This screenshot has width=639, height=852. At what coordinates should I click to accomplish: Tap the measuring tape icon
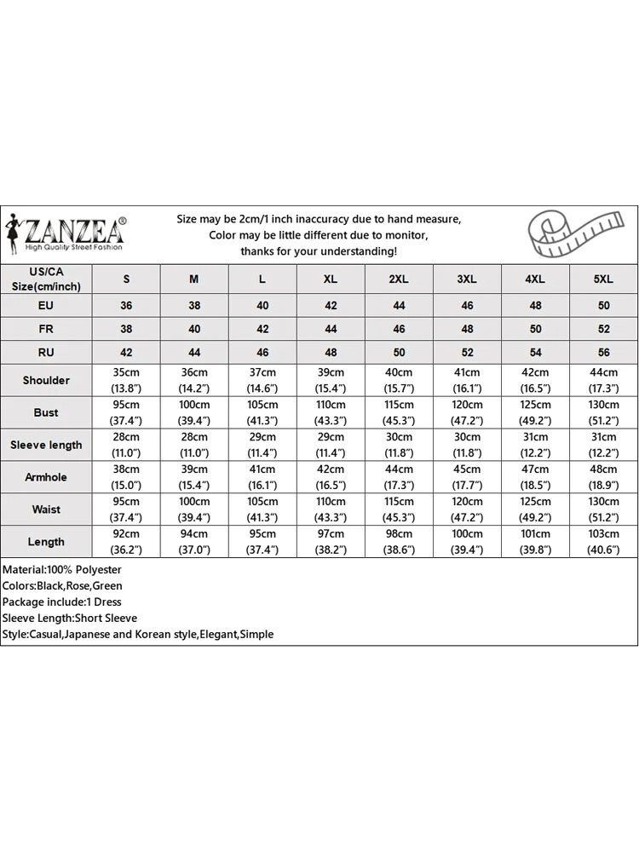(x=572, y=233)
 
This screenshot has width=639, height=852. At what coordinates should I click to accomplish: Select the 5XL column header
(x=603, y=279)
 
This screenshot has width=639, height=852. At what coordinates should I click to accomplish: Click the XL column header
(x=331, y=279)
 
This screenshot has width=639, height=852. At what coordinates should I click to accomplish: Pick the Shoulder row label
(x=46, y=380)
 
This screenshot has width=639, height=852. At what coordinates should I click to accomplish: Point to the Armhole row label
(x=46, y=477)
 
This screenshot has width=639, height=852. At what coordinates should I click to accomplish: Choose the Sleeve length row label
(x=46, y=445)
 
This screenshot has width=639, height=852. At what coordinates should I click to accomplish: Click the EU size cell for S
(x=126, y=305)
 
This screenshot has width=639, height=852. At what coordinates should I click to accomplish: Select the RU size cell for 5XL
(x=603, y=353)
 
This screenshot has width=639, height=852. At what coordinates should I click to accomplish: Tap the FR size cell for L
(x=262, y=329)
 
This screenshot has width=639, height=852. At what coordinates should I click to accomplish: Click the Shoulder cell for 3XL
(x=467, y=380)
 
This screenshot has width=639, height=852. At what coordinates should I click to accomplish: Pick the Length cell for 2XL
(x=399, y=542)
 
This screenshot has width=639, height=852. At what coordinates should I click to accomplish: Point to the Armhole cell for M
(x=194, y=477)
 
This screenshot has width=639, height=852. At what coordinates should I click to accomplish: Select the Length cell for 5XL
(x=603, y=542)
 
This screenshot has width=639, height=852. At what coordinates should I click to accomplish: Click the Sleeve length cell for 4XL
(x=535, y=445)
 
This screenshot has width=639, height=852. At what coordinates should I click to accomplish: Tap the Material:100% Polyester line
(x=62, y=569)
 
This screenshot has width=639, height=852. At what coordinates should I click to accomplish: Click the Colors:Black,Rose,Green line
(x=63, y=585)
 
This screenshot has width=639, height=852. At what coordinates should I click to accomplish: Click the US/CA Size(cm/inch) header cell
(x=46, y=279)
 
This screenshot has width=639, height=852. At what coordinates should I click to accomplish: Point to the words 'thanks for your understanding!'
(x=319, y=251)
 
